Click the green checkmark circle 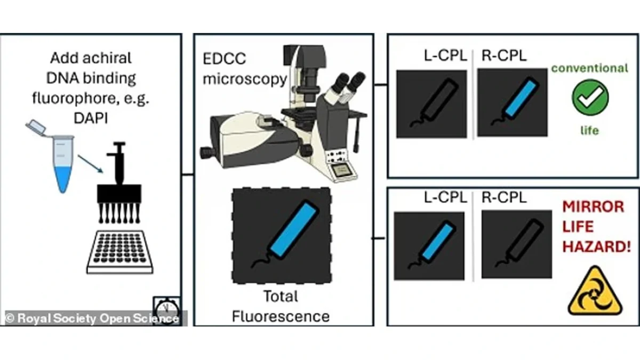coord(590,98)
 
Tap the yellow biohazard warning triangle coord(595,291)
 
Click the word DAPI coord(91,118)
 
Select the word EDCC coord(224,59)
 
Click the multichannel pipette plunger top coord(119,145)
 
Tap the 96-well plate coord(119,252)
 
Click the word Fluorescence coord(281,317)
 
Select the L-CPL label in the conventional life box coord(445,55)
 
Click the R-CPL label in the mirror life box coord(504,197)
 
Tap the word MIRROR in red coord(593,206)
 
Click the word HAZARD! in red coord(597,246)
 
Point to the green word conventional coord(590,68)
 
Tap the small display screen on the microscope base coord(341,171)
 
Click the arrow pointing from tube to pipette coord(90,164)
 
